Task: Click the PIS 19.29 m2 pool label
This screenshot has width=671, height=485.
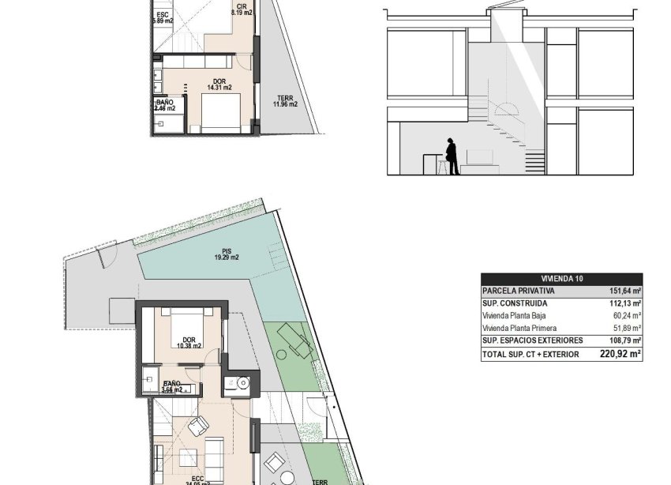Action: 226,254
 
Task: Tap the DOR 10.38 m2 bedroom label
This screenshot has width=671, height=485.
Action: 188,342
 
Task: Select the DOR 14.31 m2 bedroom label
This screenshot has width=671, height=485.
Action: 219,85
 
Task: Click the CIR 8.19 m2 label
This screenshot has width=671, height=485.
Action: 242,10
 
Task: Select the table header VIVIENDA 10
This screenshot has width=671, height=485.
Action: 561,279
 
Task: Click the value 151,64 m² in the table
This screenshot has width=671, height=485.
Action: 620,291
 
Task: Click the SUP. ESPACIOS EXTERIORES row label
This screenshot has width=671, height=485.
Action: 532,340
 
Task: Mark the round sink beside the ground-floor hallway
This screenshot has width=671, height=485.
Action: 242,385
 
